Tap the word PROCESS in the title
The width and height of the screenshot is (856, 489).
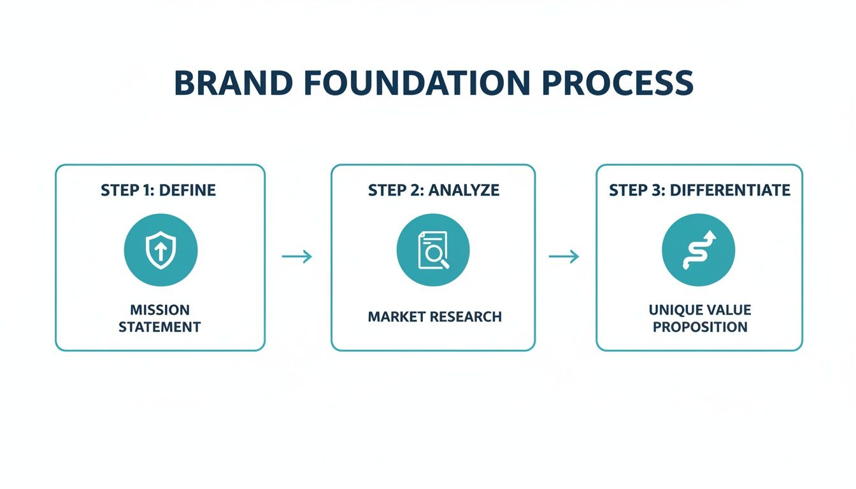coord(613,83)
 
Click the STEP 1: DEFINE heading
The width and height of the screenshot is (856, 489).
coord(158,190)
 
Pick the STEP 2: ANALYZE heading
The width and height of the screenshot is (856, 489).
coord(434,190)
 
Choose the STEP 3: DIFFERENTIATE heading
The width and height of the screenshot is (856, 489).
coord(699,190)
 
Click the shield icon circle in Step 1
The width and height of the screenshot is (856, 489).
coord(160,250)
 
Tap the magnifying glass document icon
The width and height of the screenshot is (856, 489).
coord(433,250)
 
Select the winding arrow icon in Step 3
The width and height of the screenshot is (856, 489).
coord(699,250)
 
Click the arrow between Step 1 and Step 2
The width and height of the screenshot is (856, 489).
coord(297,257)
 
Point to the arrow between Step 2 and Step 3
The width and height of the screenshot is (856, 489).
coord(564,257)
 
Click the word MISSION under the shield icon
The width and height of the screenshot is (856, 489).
coord(160,310)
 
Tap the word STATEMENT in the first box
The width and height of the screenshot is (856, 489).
coord(160,327)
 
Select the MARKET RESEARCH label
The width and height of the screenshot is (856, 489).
coord(434,316)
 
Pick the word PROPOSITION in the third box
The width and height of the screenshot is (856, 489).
coord(700,327)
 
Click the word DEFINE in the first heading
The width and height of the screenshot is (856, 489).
coord(189,190)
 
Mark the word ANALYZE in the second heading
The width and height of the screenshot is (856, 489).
coord(464,190)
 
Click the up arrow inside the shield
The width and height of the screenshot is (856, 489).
coord(160,250)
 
